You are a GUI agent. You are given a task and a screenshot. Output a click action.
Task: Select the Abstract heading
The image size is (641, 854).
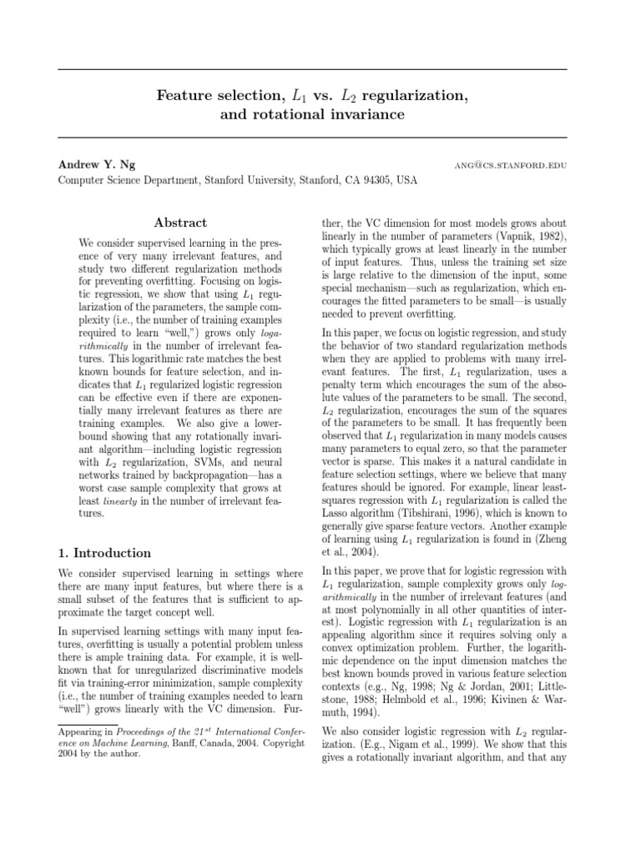pos(181,223)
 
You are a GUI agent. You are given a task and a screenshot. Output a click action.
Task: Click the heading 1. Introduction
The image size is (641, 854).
pos(105,553)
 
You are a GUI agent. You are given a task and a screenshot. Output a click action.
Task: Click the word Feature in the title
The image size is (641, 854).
pos(184,96)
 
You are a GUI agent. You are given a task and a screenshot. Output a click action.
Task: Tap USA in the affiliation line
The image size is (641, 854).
pos(406,179)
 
